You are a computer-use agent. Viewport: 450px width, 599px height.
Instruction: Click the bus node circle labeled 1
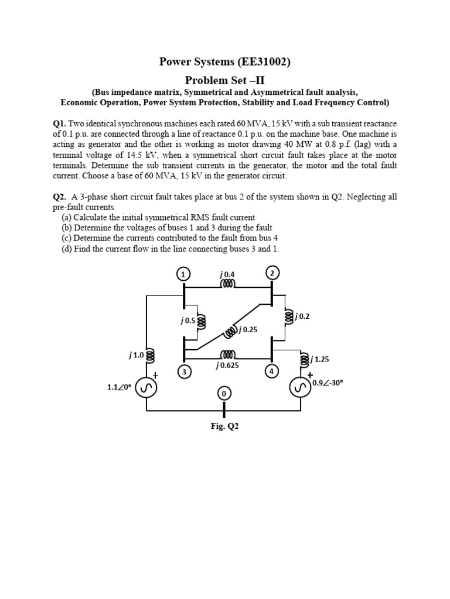click(184, 274)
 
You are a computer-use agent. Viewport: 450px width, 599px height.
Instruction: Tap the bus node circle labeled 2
click(272, 273)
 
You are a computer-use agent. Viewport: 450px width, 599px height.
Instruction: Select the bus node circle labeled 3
click(184, 372)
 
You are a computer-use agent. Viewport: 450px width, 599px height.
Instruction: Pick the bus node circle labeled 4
click(271, 371)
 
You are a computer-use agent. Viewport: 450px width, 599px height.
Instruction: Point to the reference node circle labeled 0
click(223, 394)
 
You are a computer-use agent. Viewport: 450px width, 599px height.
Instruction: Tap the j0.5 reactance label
click(187, 321)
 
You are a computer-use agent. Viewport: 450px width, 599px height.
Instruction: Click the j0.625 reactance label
click(227, 366)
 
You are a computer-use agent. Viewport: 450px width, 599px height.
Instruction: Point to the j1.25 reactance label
click(319, 359)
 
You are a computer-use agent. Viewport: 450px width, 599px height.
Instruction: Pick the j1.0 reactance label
click(136, 354)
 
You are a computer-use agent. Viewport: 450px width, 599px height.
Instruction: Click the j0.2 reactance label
click(302, 316)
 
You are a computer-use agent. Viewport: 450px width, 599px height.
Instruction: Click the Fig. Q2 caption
click(225, 426)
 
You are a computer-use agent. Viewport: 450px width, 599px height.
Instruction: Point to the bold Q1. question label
click(60, 124)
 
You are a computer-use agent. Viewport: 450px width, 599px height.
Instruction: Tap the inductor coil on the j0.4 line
click(228, 284)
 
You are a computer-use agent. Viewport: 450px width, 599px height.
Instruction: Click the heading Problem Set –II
click(225, 80)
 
